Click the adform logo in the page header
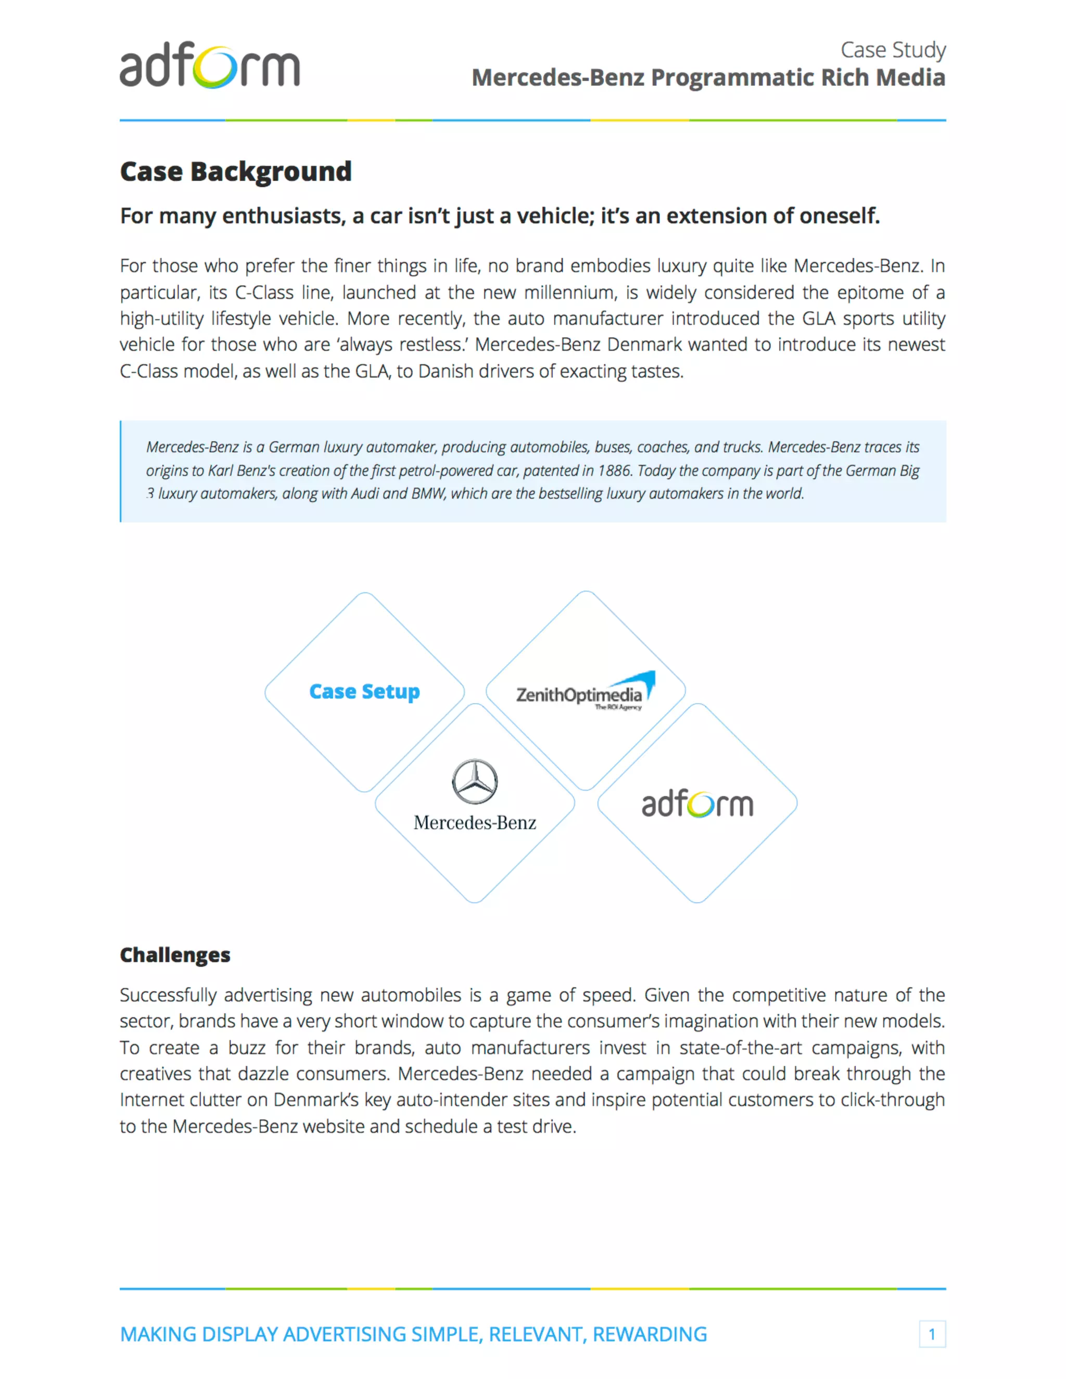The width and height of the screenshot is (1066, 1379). (x=209, y=67)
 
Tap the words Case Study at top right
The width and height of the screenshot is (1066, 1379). (x=892, y=50)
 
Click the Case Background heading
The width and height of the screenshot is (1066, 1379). (x=236, y=172)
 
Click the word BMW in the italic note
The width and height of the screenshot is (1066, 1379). (x=428, y=493)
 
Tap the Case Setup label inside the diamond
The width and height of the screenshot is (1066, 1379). (x=364, y=692)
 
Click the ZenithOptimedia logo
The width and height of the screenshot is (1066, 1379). (x=585, y=693)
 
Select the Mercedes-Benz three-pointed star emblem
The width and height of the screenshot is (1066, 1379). (x=475, y=781)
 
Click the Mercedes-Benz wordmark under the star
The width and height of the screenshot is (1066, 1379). (x=475, y=823)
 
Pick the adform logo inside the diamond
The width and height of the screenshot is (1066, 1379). (x=697, y=804)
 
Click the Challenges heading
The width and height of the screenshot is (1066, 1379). (x=175, y=955)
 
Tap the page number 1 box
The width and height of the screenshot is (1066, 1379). (x=932, y=1334)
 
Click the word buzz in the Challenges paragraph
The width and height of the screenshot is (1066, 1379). (x=246, y=1048)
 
